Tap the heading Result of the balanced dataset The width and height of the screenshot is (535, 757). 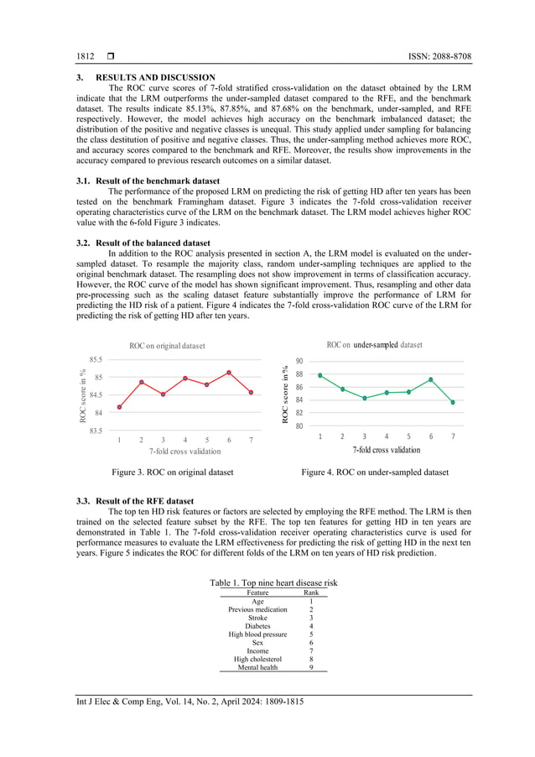click(x=155, y=242)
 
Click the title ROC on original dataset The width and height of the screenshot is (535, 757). click(x=167, y=345)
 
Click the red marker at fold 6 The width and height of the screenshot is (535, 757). click(x=229, y=373)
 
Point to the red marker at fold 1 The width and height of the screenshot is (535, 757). click(x=119, y=407)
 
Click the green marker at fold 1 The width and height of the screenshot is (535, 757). click(x=320, y=375)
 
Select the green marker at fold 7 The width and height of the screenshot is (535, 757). click(x=453, y=402)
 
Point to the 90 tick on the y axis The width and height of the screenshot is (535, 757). click(x=299, y=361)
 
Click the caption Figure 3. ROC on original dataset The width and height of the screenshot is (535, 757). click(x=166, y=472)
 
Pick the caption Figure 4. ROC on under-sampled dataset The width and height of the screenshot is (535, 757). click(x=374, y=472)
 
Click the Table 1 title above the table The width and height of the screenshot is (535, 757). click(x=273, y=582)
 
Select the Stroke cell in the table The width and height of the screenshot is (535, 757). click(x=257, y=618)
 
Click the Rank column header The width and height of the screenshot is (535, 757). click(x=310, y=593)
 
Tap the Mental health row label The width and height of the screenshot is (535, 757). click(x=257, y=667)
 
